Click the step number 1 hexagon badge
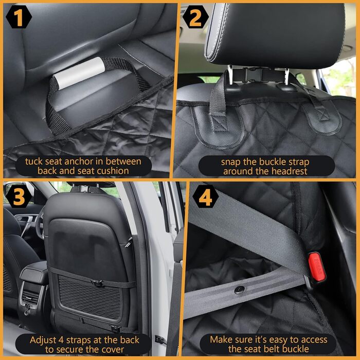tap(19, 17)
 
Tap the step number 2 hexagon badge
tap(195, 17)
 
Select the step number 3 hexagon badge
tap(19, 196)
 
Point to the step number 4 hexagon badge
tap(206, 196)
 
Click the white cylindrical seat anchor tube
tap(79, 73)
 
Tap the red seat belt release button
tap(317, 267)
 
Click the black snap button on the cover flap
tap(240, 290)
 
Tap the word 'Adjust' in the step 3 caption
tap(43, 340)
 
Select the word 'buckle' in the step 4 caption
tap(295, 349)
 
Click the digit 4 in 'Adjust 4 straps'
tap(61, 340)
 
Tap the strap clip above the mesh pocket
tap(98, 283)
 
